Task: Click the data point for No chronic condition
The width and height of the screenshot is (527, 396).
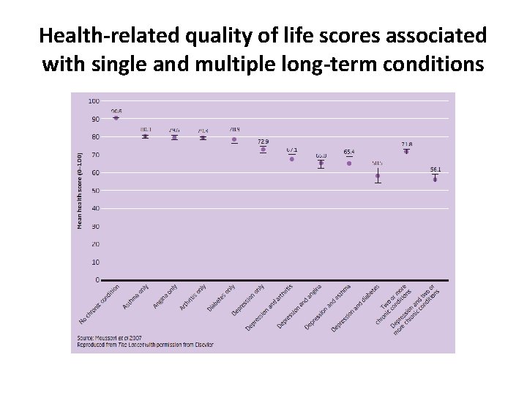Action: pos(116,117)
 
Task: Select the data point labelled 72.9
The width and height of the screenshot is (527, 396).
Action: pos(263,150)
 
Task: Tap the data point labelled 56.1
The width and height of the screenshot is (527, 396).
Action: pos(435,179)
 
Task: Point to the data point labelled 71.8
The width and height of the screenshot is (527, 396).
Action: pos(406,152)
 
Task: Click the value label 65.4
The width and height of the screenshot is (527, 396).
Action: pos(349,152)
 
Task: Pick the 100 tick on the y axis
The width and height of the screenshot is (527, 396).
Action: pos(94,100)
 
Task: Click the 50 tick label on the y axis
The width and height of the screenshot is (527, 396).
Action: pos(96,191)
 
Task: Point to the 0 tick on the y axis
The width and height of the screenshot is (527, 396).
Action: pos(98,280)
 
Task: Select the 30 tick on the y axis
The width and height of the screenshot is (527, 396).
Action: pos(96,227)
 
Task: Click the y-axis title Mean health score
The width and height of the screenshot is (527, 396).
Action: pos(80,189)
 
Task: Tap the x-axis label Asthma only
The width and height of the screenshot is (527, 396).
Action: pos(136,296)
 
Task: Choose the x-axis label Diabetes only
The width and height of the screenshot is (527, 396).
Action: pos(222,297)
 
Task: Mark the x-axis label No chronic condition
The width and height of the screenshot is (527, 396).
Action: pos(100,304)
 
